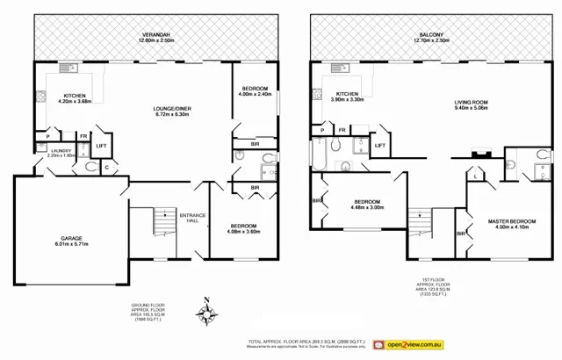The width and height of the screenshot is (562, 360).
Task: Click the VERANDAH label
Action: click(x=156, y=35)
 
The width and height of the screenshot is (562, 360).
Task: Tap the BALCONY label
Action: click(x=431, y=34)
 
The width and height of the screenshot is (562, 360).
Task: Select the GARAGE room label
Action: click(x=72, y=236)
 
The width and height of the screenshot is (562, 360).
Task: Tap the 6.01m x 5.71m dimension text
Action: click(x=72, y=243)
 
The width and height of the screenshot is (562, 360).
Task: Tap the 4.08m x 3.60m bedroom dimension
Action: click(x=244, y=232)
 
